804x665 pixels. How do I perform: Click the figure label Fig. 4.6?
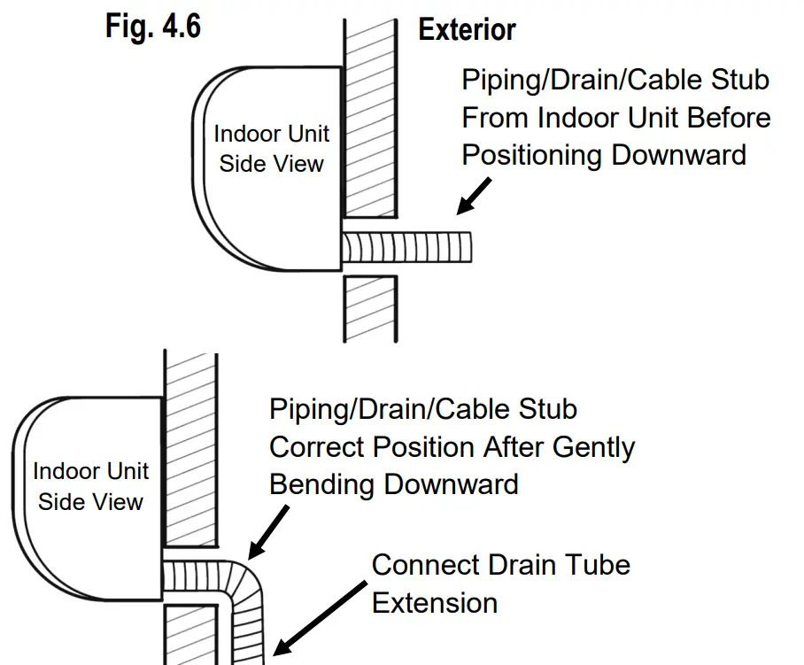click(x=152, y=26)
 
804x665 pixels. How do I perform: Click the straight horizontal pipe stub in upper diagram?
click(x=408, y=245)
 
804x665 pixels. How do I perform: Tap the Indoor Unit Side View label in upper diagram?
click(x=271, y=148)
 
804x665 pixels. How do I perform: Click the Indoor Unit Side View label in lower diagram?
click(x=90, y=485)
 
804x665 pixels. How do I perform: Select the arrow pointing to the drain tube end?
click(x=319, y=615)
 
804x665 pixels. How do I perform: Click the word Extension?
click(x=434, y=603)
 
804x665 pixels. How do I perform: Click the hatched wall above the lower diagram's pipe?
click(x=189, y=452)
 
